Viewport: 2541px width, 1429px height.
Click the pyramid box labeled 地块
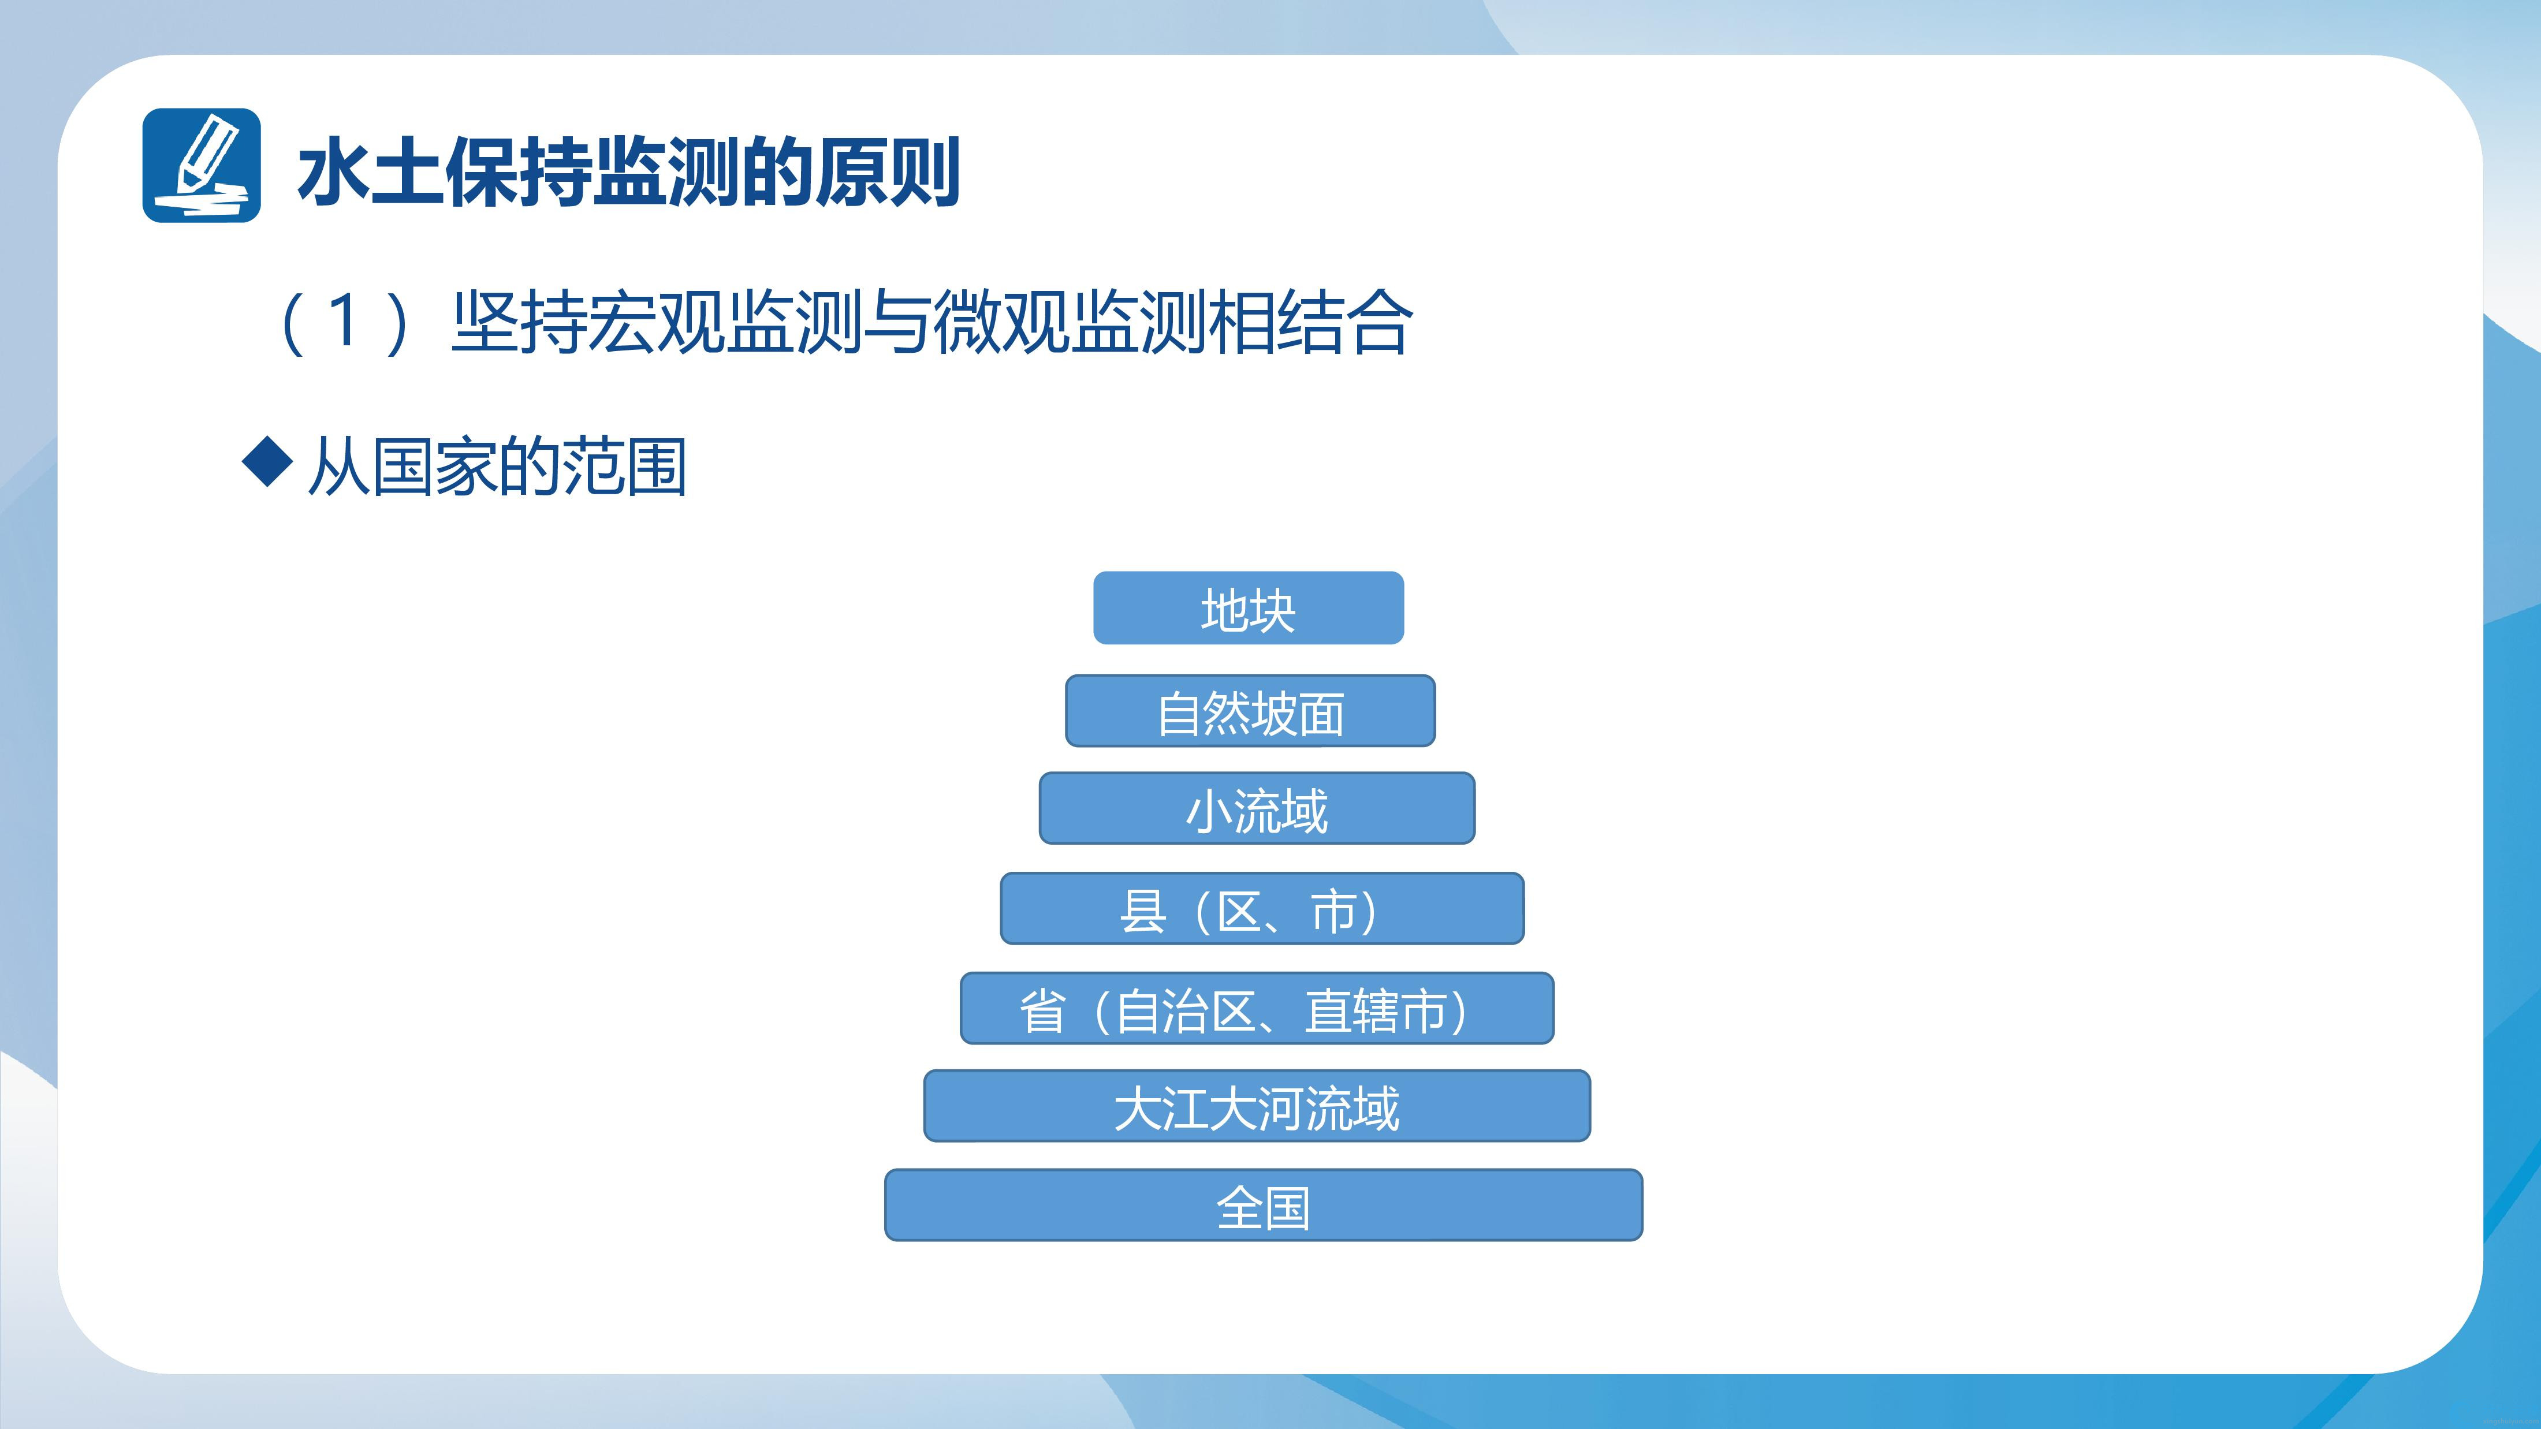tap(1248, 607)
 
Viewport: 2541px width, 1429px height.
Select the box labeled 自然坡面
tap(1250, 710)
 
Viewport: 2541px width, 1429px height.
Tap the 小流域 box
tap(1257, 808)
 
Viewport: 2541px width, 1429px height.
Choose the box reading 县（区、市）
tap(1262, 908)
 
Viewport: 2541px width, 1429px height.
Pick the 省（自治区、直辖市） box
tap(1257, 1008)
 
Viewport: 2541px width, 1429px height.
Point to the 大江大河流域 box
tap(1257, 1106)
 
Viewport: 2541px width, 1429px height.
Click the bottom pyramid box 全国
tap(1264, 1205)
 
